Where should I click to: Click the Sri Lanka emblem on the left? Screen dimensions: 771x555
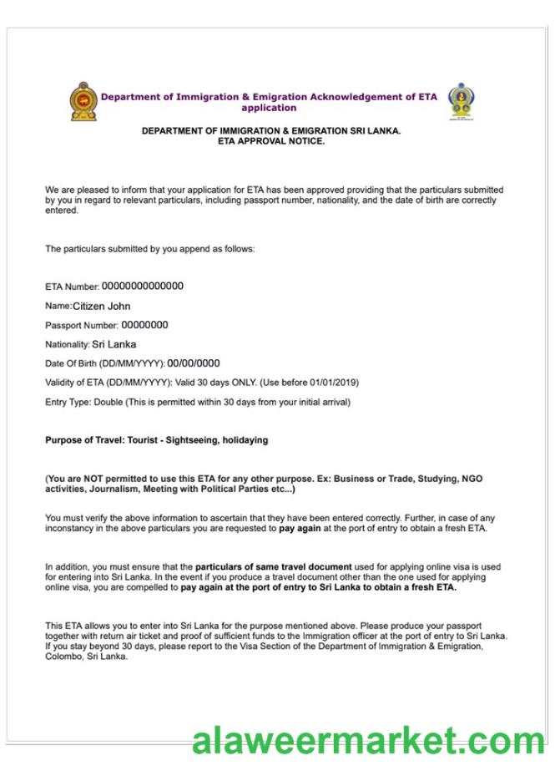tap(82, 102)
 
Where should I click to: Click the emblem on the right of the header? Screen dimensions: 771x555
tap(458, 102)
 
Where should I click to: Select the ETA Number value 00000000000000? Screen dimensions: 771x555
tap(143, 287)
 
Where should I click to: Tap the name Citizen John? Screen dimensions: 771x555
tap(101, 306)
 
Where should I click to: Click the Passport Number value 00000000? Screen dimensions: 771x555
tap(144, 325)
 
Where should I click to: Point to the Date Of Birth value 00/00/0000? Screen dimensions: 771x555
tap(194, 363)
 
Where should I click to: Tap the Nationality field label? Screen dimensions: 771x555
tap(67, 344)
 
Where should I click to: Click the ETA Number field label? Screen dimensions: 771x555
tap(72, 287)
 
